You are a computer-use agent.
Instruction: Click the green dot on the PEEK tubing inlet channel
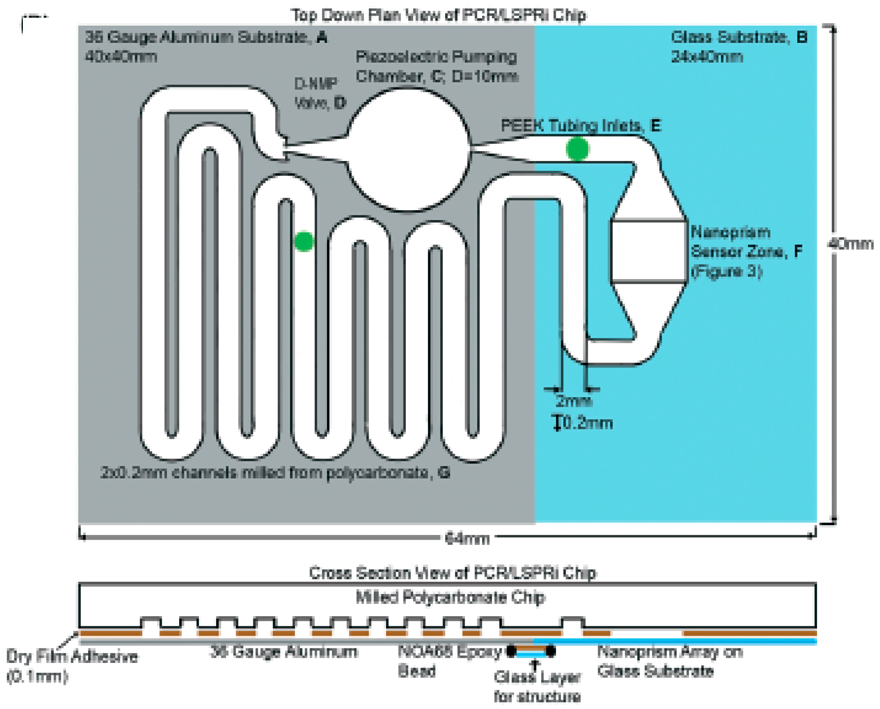point(577,149)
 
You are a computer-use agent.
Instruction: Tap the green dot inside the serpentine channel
point(304,241)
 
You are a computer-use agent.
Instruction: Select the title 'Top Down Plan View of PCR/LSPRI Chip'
point(438,15)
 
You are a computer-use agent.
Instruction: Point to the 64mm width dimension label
point(467,539)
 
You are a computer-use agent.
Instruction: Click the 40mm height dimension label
point(850,244)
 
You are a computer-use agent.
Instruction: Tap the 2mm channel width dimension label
point(574,402)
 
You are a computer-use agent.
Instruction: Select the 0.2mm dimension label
point(587,423)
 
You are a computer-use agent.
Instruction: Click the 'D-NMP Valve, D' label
point(320,94)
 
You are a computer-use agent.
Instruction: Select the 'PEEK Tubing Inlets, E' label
point(581,125)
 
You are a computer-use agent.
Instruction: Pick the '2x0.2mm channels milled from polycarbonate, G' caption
point(275,472)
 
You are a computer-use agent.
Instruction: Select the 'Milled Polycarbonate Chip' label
point(450,597)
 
